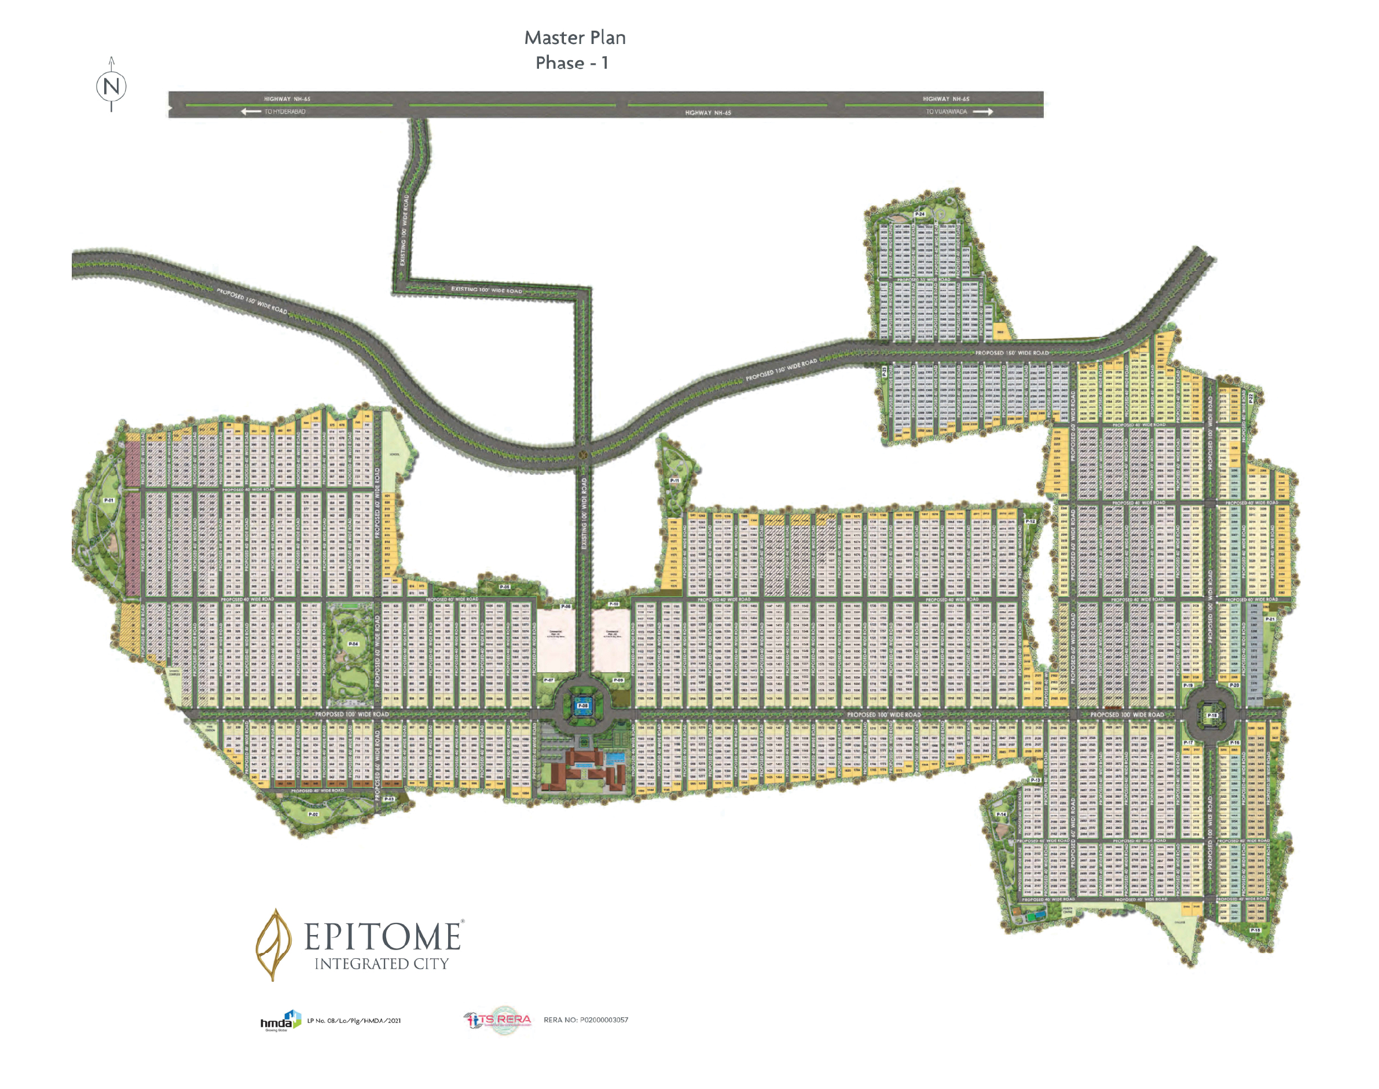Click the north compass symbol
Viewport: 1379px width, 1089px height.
(x=111, y=86)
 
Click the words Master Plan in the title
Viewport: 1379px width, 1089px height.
(x=574, y=38)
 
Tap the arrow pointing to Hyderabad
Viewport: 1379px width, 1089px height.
(x=251, y=112)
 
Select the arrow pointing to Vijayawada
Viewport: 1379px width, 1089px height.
(x=982, y=112)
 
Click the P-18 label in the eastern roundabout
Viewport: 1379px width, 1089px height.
(x=1212, y=716)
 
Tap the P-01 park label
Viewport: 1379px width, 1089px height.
(x=109, y=501)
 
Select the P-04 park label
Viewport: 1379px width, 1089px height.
(x=353, y=644)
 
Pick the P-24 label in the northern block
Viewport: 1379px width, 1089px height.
(x=919, y=214)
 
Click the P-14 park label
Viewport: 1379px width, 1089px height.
(x=1002, y=814)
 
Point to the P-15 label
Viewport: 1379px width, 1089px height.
(x=1255, y=930)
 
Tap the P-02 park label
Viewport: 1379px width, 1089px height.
(x=313, y=814)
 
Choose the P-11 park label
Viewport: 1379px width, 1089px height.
(x=674, y=480)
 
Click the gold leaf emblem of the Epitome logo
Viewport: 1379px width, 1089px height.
(x=273, y=944)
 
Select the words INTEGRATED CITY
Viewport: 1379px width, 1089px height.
(x=382, y=963)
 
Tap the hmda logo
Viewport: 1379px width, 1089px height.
(x=279, y=1020)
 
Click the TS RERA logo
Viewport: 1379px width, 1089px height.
(x=498, y=1020)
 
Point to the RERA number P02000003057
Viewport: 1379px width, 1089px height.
(x=585, y=1020)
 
